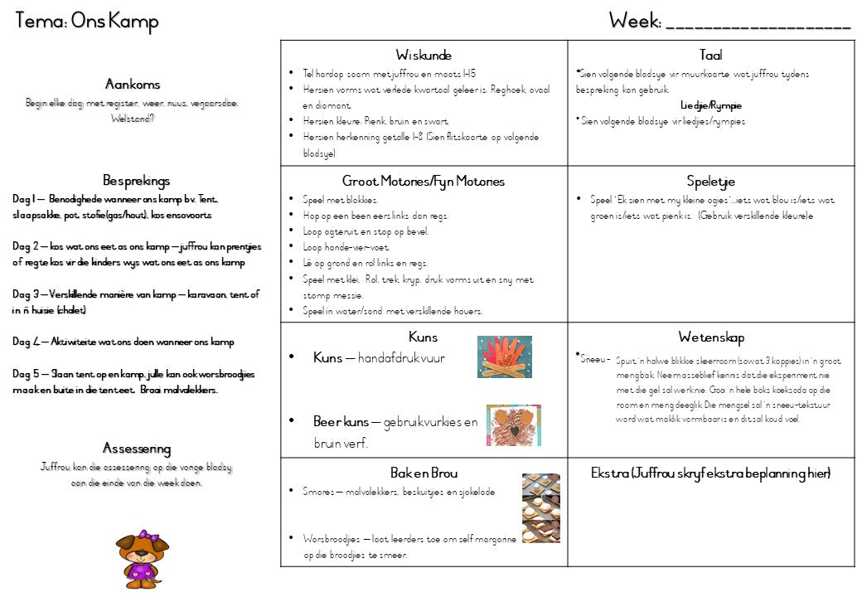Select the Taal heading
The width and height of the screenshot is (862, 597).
tap(710, 56)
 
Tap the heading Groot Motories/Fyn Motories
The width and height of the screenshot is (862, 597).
tap(423, 181)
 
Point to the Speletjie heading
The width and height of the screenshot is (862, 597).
tap(710, 181)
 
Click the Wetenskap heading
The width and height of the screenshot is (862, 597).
tap(710, 337)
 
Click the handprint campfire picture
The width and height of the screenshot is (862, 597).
tap(504, 357)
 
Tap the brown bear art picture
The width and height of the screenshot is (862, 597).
tap(513, 425)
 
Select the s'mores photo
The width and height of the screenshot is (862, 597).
tap(540, 507)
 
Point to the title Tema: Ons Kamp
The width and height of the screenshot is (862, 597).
tap(86, 22)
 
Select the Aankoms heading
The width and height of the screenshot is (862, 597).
tap(133, 85)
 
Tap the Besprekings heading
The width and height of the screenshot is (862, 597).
tap(137, 180)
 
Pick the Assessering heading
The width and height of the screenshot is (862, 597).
tap(137, 449)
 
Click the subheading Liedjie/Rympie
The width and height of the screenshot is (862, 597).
tap(710, 105)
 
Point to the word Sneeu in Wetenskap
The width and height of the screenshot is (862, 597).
tap(596, 359)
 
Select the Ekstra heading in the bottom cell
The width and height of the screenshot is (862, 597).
tap(710, 473)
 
